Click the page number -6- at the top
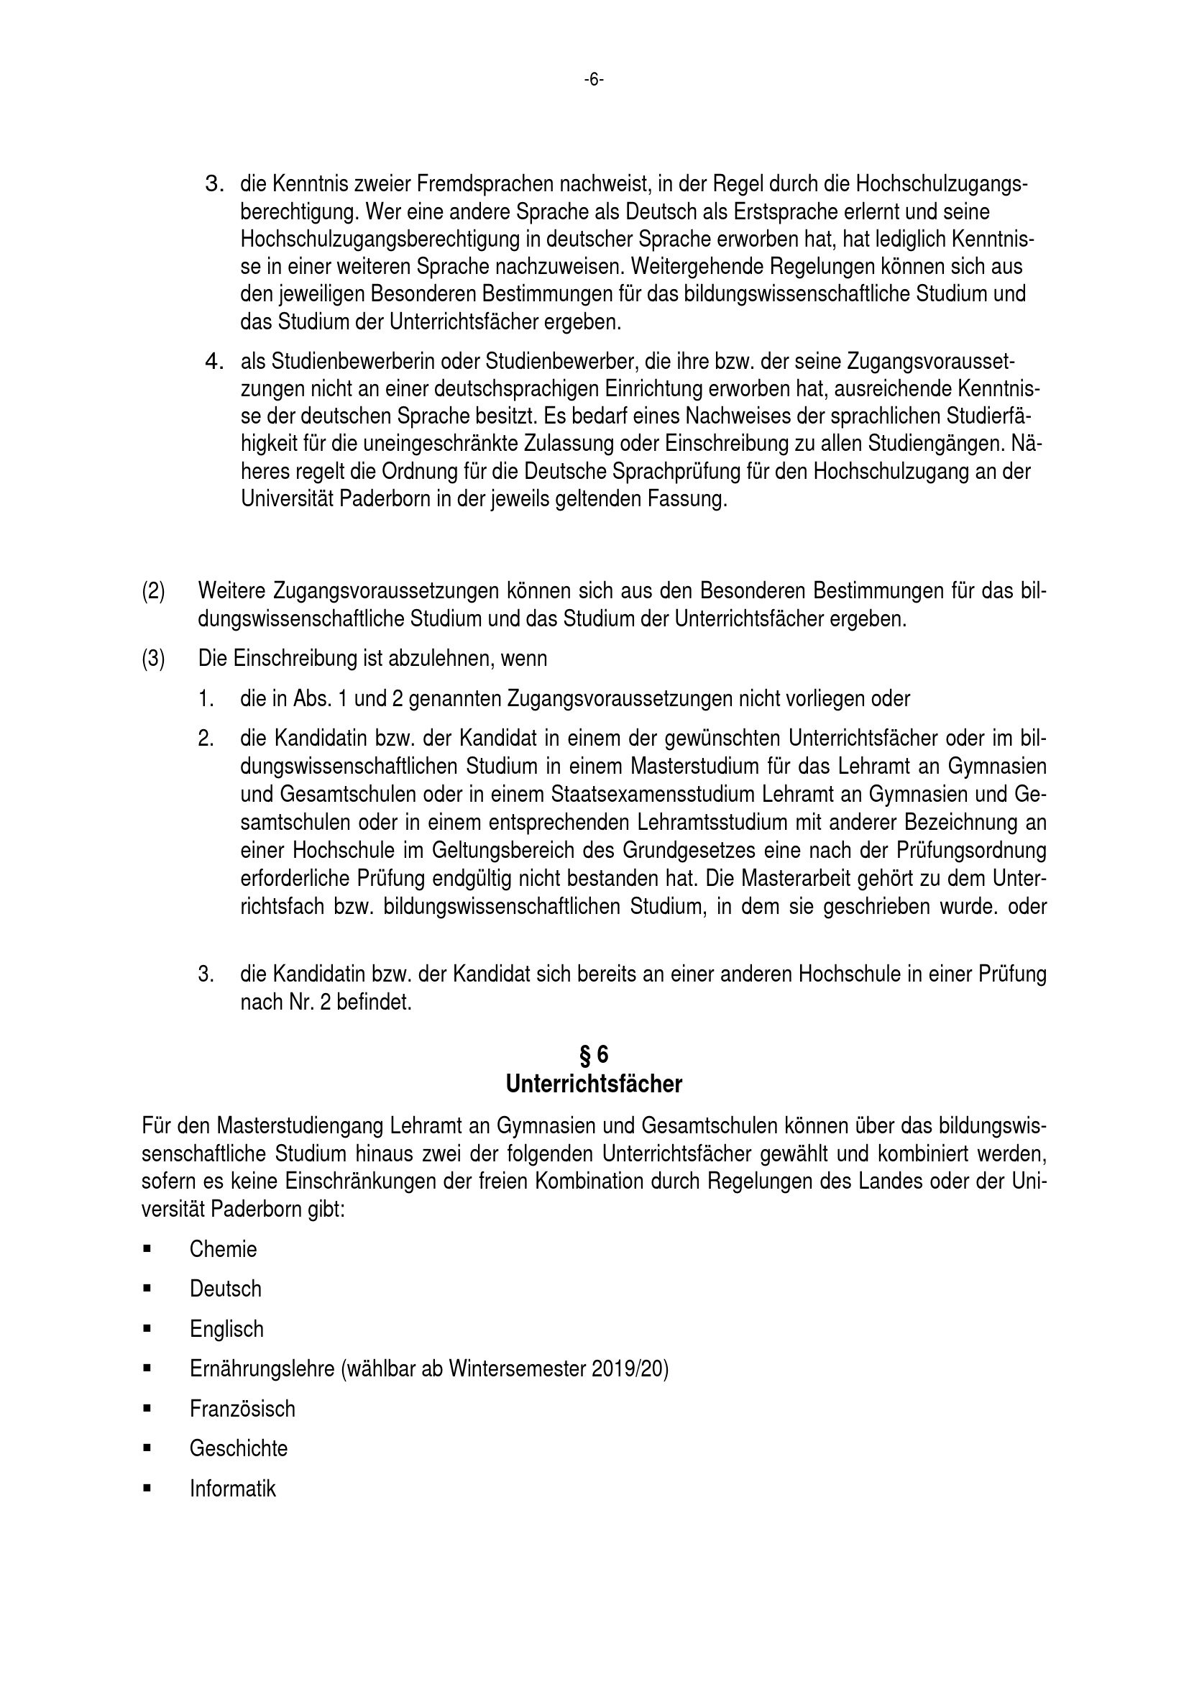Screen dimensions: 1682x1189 pos(594,80)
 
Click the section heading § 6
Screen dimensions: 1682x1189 pos(594,1055)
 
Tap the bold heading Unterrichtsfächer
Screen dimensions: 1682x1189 pos(594,1084)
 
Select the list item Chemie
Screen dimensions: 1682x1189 pos(223,1249)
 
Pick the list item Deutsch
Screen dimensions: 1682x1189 pos(225,1289)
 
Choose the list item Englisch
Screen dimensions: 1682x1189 pos(226,1329)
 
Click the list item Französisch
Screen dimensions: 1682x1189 pos(242,1409)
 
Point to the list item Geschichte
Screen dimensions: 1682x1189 pos(238,1448)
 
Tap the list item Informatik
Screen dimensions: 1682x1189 pos(232,1489)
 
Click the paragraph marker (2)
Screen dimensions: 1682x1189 pos(153,590)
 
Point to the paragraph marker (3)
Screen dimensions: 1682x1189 pos(153,659)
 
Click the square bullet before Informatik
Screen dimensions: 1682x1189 pos(147,1489)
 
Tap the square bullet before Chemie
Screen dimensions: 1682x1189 pos(147,1249)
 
